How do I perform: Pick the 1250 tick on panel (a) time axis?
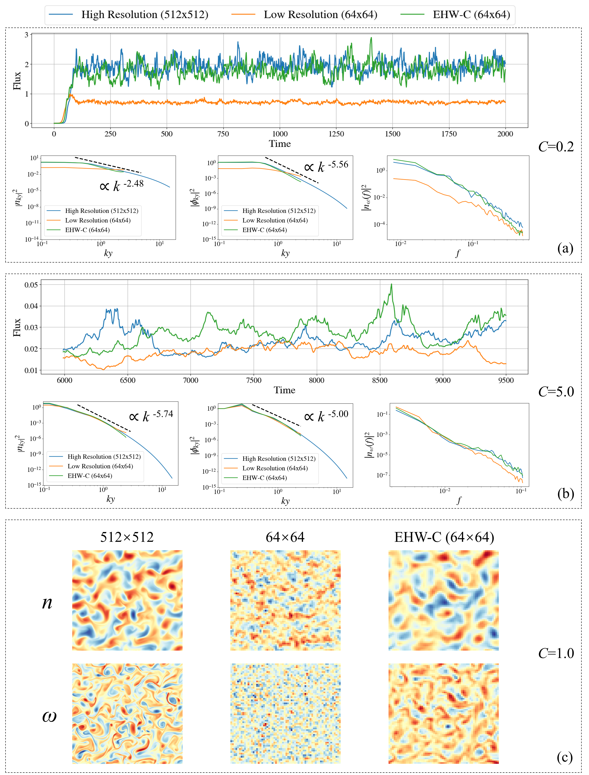click(336, 134)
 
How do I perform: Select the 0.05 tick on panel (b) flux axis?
click(31, 285)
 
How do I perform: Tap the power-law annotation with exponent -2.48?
click(122, 185)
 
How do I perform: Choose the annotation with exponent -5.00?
click(326, 416)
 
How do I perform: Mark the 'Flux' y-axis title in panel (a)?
click(17, 81)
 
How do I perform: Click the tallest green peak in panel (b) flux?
click(391, 284)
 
